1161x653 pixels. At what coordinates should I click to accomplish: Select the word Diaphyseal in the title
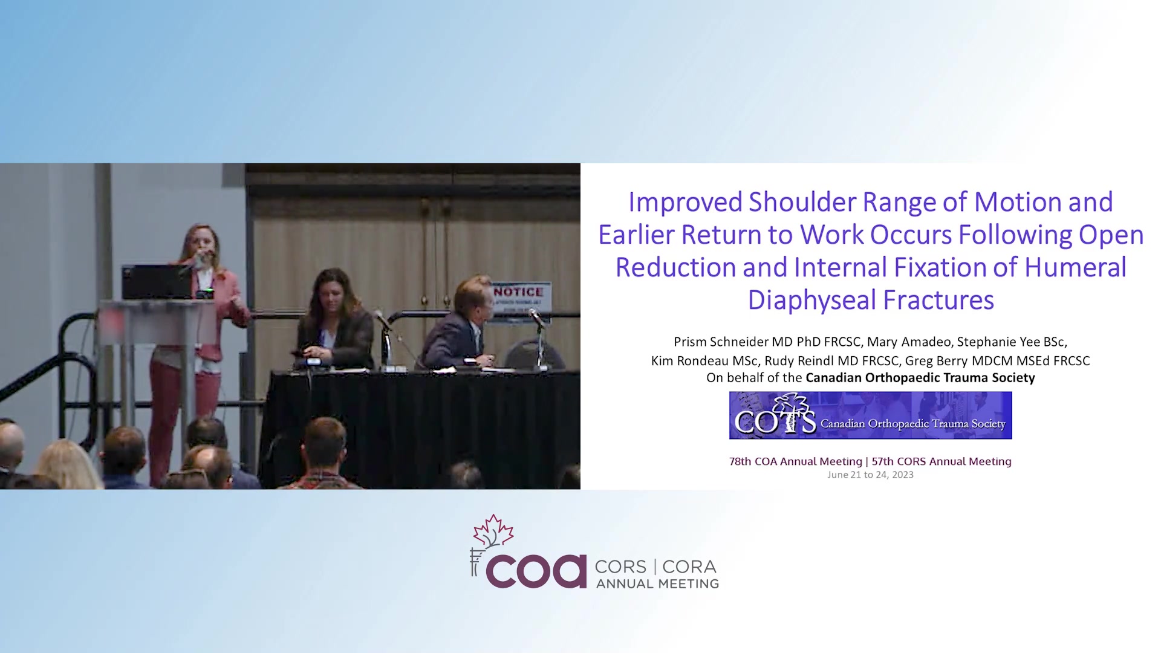[811, 301]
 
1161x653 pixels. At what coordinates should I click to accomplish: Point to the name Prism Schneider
[721, 342]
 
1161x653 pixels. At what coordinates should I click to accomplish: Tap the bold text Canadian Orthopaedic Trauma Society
[920, 378]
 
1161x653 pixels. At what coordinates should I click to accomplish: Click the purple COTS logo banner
[870, 415]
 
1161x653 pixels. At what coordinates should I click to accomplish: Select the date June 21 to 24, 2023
[870, 475]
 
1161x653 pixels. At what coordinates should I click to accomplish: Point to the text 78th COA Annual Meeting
[795, 461]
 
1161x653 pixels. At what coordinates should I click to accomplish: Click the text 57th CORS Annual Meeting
[941, 461]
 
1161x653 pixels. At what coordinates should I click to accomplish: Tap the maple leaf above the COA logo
[493, 531]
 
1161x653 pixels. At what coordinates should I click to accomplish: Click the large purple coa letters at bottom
[536, 571]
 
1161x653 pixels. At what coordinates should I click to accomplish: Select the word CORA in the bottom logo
[689, 567]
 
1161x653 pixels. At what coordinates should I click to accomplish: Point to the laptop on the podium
[156, 282]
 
